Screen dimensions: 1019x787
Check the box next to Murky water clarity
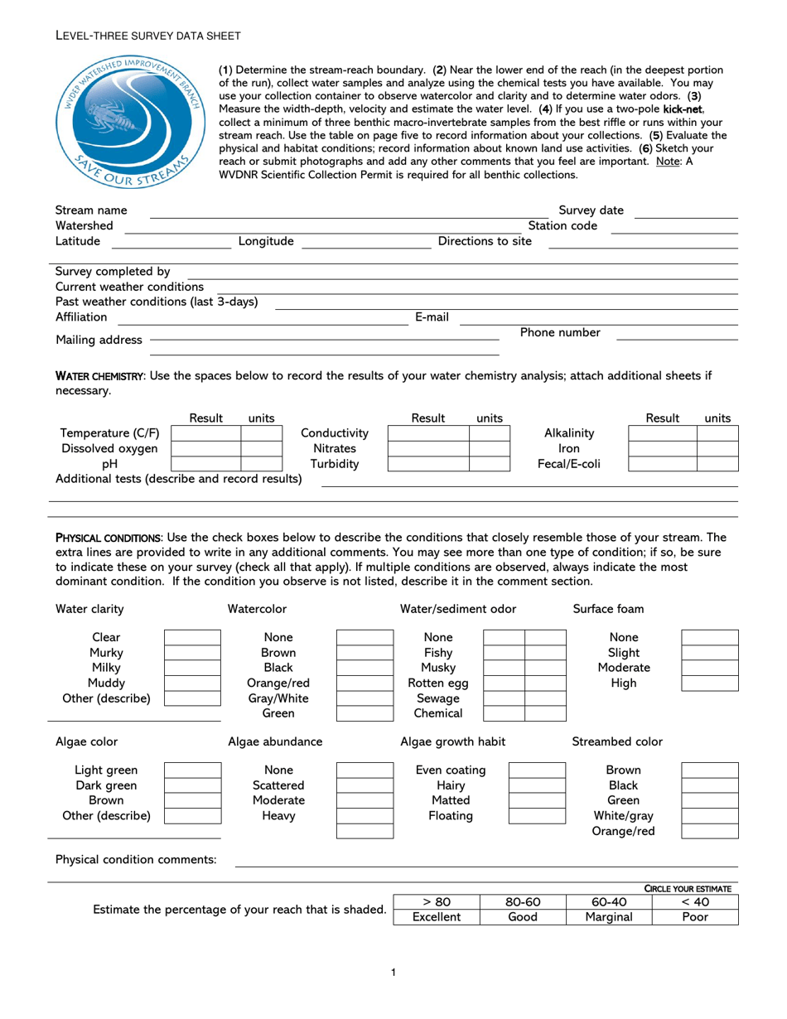[x=192, y=653]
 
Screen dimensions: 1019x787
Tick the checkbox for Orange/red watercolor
[x=365, y=683]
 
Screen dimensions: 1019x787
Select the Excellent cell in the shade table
[x=437, y=917]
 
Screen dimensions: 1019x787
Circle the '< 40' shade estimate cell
[x=695, y=902]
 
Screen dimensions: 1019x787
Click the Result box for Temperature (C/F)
[x=205, y=433]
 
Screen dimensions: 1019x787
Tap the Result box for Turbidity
[x=428, y=464]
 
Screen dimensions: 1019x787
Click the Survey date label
[x=591, y=210]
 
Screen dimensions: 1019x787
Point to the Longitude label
[x=266, y=241]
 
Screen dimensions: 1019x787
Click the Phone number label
[x=560, y=333]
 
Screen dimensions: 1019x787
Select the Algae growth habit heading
[x=452, y=741]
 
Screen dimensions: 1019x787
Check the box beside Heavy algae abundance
[x=365, y=816]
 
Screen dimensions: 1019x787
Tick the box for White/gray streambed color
[x=710, y=816]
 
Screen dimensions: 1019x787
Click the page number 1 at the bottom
[x=393, y=972]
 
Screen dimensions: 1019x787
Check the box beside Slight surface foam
[x=710, y=653]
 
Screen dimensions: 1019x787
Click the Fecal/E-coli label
[x=568, y=464]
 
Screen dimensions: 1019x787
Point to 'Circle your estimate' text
[x=688, y=888]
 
